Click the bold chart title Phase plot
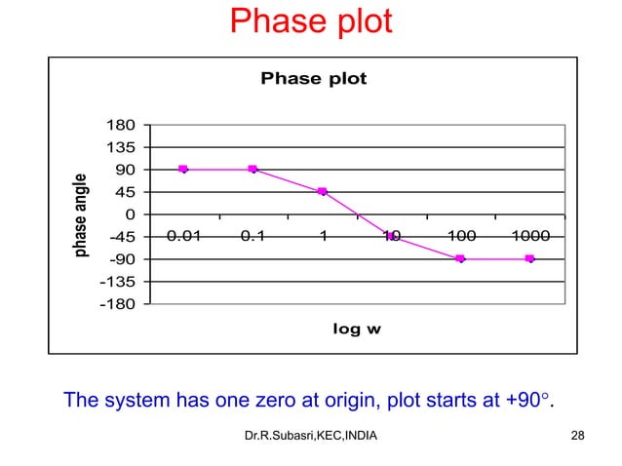click(313, 79)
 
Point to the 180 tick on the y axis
click(121, 126)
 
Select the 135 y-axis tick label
click(121, 148)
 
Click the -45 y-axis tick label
click(121, 237)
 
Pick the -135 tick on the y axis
click(118, 282)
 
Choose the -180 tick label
click(118, 304)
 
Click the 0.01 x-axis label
click(183, 236)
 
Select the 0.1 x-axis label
click(253, 236)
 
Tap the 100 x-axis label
click(460, 236)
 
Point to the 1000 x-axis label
click(529, 236)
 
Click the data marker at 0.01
click(183, 170)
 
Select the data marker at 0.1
click(253, 170)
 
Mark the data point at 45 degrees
click(322, 192)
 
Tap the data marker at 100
click(460, 259)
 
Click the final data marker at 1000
click(529, 259)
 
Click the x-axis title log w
click(357, 330)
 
